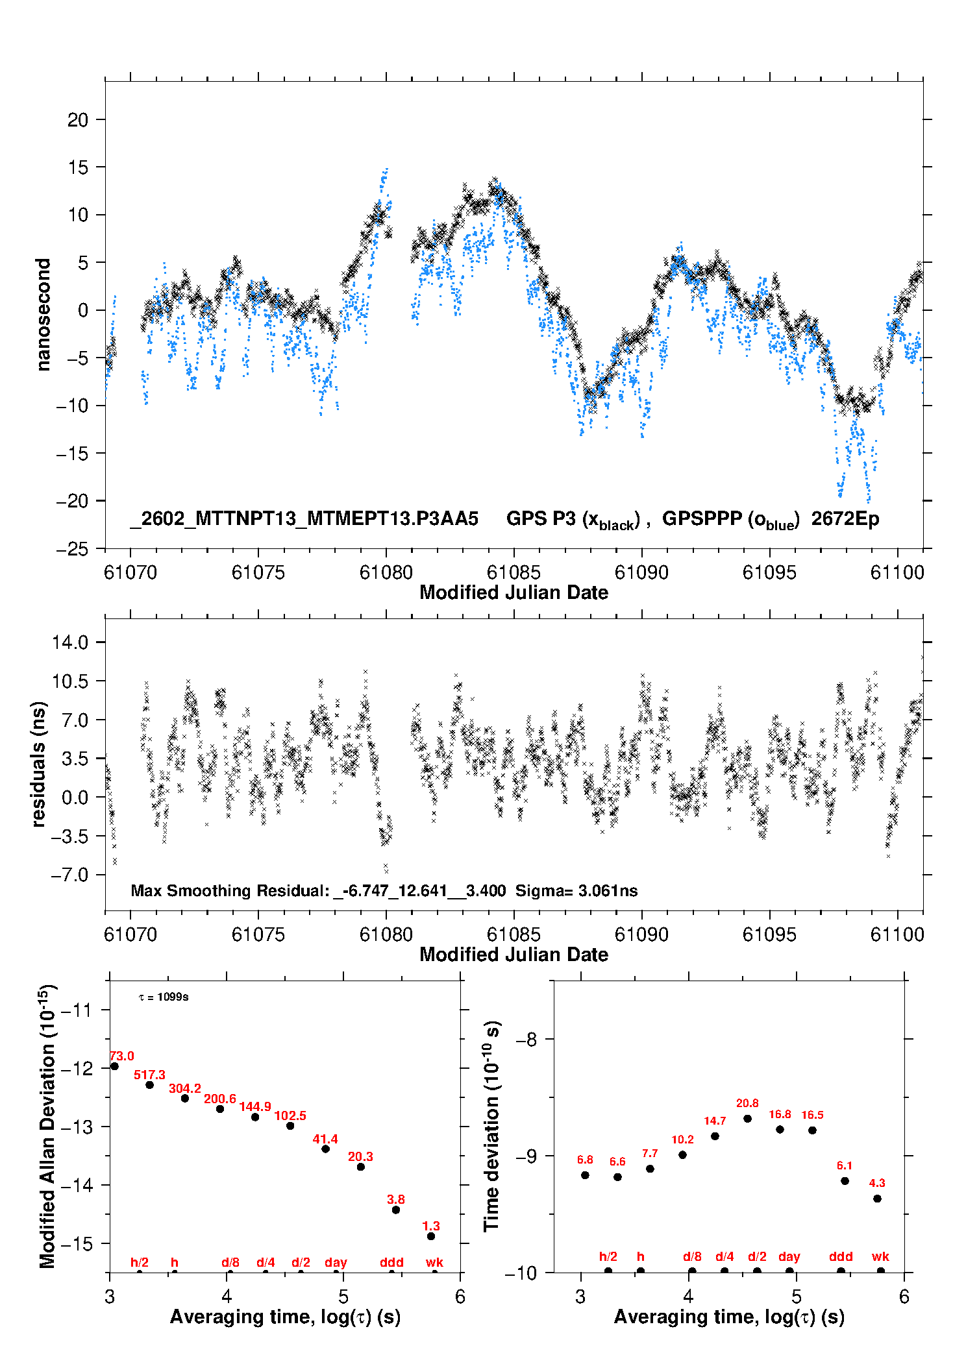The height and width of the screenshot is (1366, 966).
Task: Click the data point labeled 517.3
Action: point(149,1085)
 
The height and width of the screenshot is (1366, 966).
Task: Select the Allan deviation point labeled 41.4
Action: point(325,1149)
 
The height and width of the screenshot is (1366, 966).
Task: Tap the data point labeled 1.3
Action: point(431,1236)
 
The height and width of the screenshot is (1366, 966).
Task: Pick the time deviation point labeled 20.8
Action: point(747,1119)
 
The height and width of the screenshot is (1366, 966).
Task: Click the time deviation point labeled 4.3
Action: point(877,1199)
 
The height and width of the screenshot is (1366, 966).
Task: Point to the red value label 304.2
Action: point(185,1088)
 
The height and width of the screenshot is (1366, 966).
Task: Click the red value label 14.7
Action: point(715,1121)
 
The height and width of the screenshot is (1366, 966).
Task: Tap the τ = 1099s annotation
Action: point(164,997)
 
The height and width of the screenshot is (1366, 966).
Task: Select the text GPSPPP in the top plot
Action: point(702,518)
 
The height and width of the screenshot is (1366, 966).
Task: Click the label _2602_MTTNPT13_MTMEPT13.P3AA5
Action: point(304,518)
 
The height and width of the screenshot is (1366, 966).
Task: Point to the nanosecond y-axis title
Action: point(43,315)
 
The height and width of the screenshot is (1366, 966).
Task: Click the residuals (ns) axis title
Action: point(39,764)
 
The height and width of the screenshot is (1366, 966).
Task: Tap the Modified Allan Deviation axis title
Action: point(46,1127)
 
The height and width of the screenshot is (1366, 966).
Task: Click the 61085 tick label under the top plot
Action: point(514,572)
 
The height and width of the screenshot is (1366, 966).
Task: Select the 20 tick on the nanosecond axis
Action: point(78,119)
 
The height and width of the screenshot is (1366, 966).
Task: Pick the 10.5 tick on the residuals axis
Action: point(70,681)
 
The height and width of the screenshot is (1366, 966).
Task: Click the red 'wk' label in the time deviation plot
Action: point(880,1256)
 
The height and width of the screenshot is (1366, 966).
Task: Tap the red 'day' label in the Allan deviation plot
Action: point(336,1262)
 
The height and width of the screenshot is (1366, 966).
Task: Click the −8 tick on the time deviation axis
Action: point(526,1040)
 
